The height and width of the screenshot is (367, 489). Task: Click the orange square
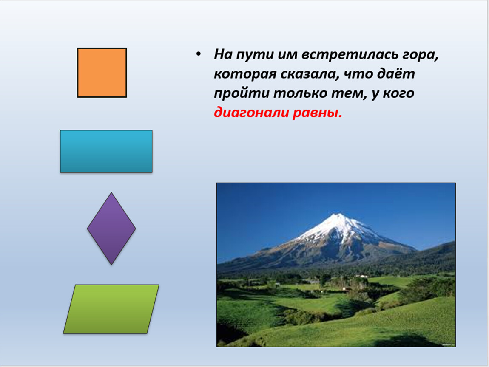tap(102, 73)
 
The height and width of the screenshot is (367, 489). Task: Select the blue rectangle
tap(106, 151)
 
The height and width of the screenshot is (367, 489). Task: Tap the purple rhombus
tap(111, 229)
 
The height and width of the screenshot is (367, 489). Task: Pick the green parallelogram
tap(111, 309)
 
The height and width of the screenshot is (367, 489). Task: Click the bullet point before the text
tap(198, 54)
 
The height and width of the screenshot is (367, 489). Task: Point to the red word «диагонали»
tap(251, 113)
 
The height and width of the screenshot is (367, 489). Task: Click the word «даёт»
tap(396, 73)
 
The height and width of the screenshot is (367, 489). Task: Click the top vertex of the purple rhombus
tap(111, 192)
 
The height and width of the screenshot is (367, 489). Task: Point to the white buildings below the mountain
tap(362, 276)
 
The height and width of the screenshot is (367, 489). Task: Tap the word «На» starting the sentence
tap(223, 54)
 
